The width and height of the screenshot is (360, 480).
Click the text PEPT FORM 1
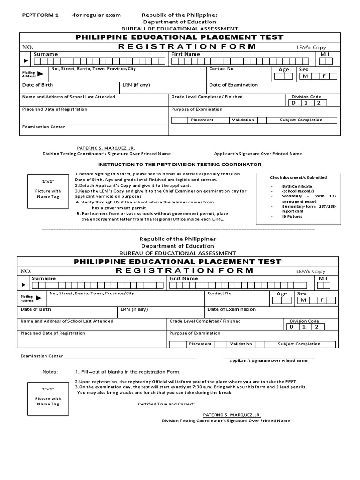tap(40, 15)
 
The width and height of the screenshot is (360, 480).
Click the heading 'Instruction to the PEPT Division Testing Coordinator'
tap(180, 165)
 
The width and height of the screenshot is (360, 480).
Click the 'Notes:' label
tap(50, 372)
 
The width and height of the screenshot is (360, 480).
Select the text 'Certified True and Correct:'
tap(166, 404)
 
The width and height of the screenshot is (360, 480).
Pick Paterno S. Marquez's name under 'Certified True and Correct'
tap(232, 415)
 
